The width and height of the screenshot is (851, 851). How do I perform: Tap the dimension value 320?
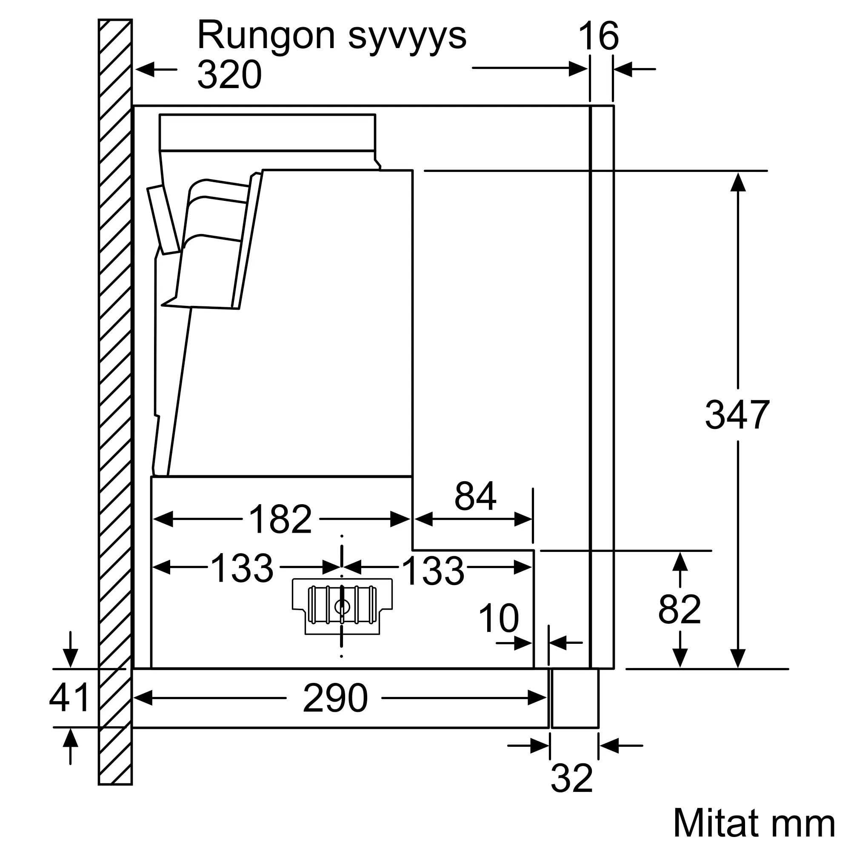coord(229,75)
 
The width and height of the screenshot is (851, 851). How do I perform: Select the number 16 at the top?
coord(599,36)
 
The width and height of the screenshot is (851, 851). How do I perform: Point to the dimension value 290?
coord(335,698)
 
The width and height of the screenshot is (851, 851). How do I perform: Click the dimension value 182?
coord(280,519)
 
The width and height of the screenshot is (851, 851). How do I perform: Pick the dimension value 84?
coord(475,496)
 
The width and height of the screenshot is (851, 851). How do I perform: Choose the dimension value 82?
coord(679,610)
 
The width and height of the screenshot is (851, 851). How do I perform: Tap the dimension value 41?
coord(70,698)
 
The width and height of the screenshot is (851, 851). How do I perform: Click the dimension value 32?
coord(572,779)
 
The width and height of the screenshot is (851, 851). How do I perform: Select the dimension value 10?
coord(499,618)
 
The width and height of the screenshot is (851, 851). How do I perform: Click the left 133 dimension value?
coord(242,568)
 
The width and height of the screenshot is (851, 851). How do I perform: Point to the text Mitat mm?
coord(754,823)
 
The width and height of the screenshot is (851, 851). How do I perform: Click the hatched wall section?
coord(115,397)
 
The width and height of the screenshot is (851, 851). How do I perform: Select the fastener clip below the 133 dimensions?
coord(342,606)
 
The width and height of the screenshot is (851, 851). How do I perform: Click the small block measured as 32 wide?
coord(574,704)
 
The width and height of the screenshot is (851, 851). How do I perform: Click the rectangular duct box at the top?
coord(267,132)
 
